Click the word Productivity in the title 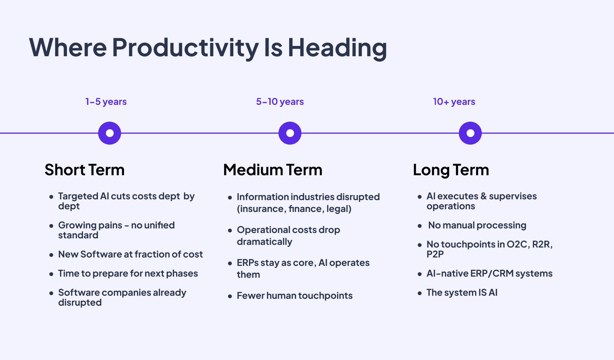(185, 48)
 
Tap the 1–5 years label (106, 102)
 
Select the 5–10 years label (280, 102)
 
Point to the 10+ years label (454, 102)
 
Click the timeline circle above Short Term (110, 133)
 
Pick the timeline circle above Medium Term (290, 133)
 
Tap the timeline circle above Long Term (470, 133)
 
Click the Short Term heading (85, 170)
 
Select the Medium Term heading (273, 170)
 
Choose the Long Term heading (451, 170)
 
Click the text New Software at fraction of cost (130, 254)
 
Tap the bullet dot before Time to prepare (51, 274)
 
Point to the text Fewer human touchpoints (295, 296)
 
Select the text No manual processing (477, 225)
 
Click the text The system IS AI (462, 293)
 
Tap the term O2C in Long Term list (517, 244)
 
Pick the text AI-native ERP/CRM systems (489, 274)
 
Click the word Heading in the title (337, 48)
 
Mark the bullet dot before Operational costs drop (230, 230)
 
